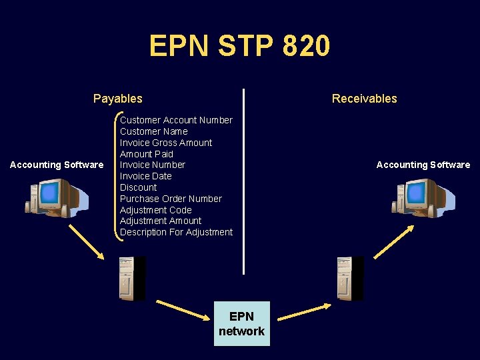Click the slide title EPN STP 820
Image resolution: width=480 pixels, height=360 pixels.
coord(239,47)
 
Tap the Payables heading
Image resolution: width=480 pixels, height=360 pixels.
coord(118,99)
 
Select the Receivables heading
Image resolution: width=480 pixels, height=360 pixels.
coord(364,99)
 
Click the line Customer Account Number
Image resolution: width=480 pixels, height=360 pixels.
coord(176,120)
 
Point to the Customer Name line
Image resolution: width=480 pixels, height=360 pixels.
coord(153,131)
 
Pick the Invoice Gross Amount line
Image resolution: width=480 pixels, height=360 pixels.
coord(166,143)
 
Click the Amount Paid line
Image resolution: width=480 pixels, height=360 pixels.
coord(146,154)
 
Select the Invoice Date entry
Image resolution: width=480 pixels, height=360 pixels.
coord(145,176)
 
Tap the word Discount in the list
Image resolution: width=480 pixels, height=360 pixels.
coord(138,187)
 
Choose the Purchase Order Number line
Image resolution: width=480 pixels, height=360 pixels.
coord(171,199)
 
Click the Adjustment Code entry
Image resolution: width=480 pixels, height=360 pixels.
coord(155,210)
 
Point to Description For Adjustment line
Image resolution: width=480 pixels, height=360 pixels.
coord(176,232)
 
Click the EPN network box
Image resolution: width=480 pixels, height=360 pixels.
coord(241,323)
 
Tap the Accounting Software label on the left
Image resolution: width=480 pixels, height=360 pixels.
coord(57,165)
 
